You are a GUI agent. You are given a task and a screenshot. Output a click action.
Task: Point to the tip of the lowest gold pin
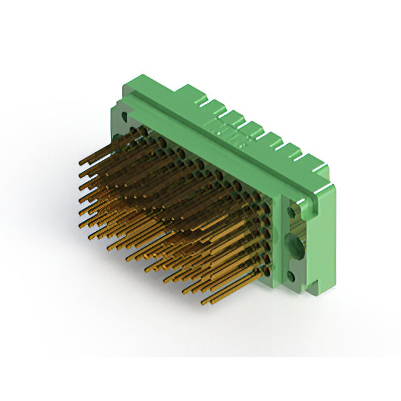pos(204,303)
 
